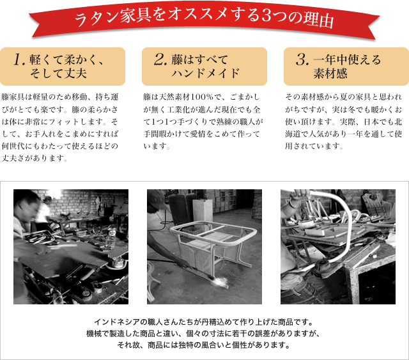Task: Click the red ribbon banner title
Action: [204, 19]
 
